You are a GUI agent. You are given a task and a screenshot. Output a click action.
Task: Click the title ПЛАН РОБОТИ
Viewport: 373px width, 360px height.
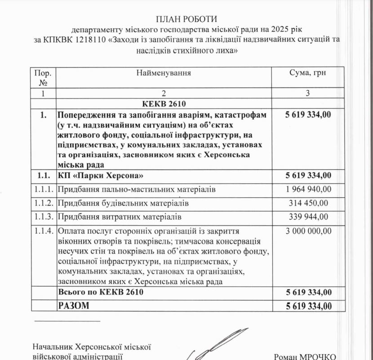point(186,19)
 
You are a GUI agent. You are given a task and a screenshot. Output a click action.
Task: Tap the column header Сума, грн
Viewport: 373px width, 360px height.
point(309,73)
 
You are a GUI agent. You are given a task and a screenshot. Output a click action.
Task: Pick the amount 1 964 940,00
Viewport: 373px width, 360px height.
point(309,189)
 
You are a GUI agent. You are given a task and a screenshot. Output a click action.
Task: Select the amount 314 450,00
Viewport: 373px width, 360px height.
point(309,203)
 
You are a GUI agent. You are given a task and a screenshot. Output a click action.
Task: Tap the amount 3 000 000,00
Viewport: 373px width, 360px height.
point(309,231)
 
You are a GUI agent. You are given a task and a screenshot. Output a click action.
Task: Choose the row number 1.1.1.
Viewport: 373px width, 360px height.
point(44,189)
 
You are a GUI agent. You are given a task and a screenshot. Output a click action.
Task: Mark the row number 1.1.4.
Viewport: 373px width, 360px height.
point(44,231)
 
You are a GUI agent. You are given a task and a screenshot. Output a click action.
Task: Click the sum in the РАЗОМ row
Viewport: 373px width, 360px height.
point(309,306)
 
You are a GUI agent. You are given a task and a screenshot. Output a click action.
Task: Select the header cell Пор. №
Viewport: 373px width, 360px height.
point(44,77)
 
